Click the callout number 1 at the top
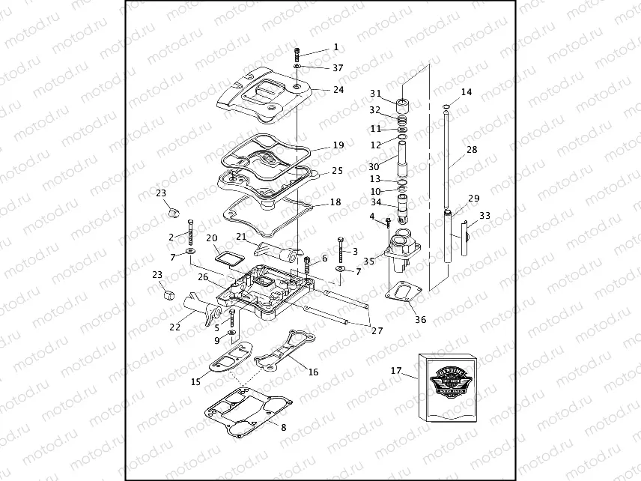tap(335, 46)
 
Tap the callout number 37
tap(338, 67)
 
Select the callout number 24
tap(338, 89)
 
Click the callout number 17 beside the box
tap(395, 370)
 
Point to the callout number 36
tap(420, 320)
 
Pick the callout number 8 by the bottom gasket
tap(282, 427)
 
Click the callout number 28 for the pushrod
tap(472, 150)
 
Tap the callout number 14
tap(467, 92)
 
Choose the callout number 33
tap(485, 216)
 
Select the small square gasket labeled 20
tap(225, 256)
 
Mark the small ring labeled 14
tap(446, 106)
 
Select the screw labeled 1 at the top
tap(297, 53)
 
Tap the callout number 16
tap(312, 372)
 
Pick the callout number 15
tap(195, 381)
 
